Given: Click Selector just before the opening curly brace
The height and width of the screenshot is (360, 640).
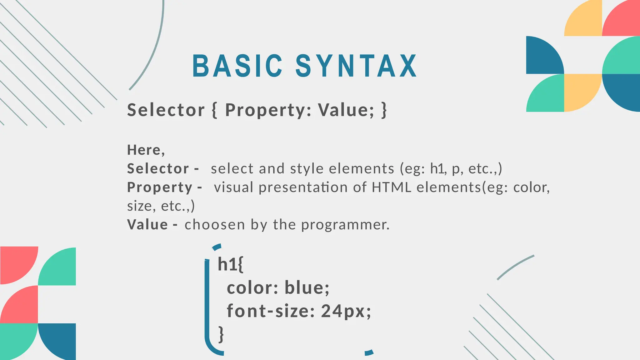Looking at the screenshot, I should [x=166, y=110].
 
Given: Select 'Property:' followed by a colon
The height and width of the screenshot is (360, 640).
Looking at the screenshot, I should [x=268, y=110].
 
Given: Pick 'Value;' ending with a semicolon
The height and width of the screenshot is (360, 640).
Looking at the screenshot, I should [x=346, y=110].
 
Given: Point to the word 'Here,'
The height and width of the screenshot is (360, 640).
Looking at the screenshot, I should [x=146, y=150].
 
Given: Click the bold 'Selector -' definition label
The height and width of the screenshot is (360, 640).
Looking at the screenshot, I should [x=163, y=169].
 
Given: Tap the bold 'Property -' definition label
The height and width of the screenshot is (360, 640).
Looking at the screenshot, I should [x=164, y=187].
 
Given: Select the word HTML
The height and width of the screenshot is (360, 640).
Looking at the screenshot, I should [x=391, y=187].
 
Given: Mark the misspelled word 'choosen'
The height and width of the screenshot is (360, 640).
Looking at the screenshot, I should [x=215, y=225].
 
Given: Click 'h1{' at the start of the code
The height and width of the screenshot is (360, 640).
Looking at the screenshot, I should [x=230, y=264].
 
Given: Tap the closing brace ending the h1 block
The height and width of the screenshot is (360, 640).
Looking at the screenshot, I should [x=221, y=334].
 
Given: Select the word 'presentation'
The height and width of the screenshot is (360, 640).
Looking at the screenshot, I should [x=303, y=187].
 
